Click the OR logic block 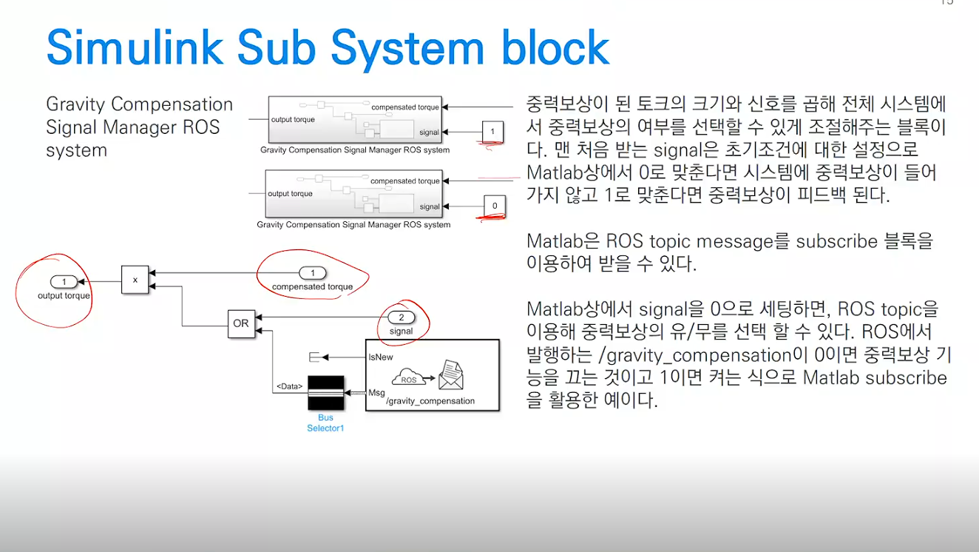(x=241, y=323)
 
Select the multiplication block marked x (x=135, y=280)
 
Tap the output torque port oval (x=64, y=282)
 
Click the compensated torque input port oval (x=313, y=273)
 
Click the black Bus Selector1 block (x=326, y=392)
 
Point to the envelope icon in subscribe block (x=450, y=375)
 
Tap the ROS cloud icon (x=408, y=378)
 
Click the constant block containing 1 (x=492, y=132)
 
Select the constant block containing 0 (x=494, y=206)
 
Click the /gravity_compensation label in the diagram (x=430, y=401)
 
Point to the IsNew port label (x=381, y=357)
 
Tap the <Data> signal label (x=290, y=386)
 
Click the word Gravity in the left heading (x=75, y=104)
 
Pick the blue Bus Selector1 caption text (x=325, y=423)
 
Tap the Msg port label (x=376, y=392)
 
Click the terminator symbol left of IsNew (x=314, y=357)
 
